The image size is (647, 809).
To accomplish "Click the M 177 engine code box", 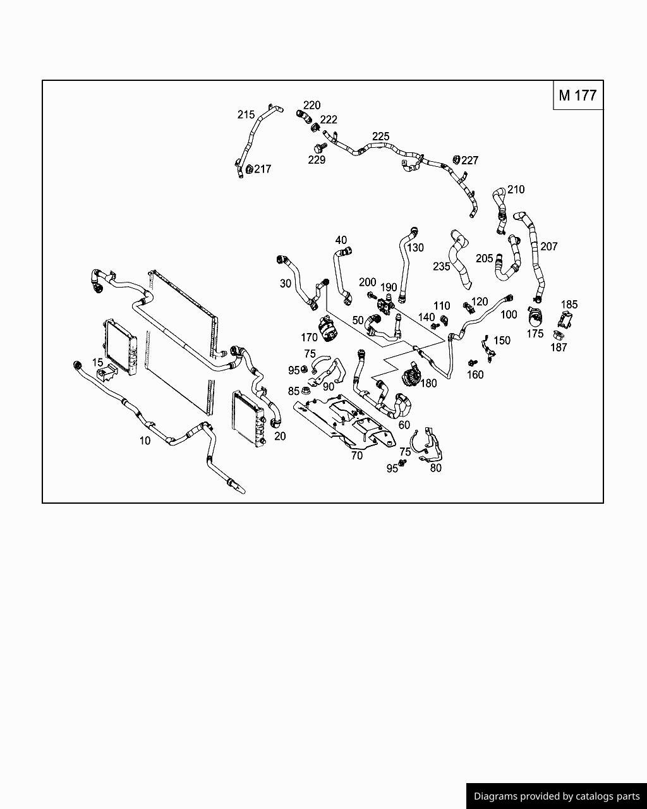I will (577, 95).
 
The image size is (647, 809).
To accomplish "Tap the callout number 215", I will (246, 114).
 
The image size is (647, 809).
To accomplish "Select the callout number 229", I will (317, 161).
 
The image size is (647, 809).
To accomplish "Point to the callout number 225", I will (380, 137).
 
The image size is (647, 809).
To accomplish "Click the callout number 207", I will (548, 246).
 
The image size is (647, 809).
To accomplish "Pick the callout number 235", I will (441, 267).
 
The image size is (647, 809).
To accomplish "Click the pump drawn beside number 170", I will (329, 329).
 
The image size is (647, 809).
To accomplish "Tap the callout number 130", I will (414, 248).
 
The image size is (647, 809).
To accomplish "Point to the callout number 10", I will (145, 441).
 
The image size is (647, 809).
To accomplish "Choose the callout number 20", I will (280, 436).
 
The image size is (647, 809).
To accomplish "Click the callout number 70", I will (356, 456).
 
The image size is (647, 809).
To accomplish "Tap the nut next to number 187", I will (559, 335).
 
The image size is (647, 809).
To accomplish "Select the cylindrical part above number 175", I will (535, 314).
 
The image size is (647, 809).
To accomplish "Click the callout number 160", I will (475, 375).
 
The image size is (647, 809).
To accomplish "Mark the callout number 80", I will (435, 468).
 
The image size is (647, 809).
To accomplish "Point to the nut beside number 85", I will (306, 391).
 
